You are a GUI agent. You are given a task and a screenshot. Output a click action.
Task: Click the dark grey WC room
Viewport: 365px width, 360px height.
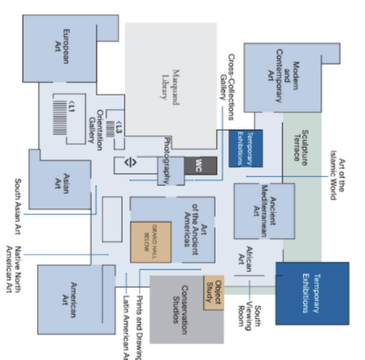pos(200,165)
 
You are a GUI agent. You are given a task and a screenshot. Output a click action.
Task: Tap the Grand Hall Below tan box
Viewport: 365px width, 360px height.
pos(150,242)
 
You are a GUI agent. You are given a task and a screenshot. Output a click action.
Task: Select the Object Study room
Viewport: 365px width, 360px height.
pos(213,292)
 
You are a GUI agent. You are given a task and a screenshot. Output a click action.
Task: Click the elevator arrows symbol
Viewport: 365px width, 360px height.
pos(130,162)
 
